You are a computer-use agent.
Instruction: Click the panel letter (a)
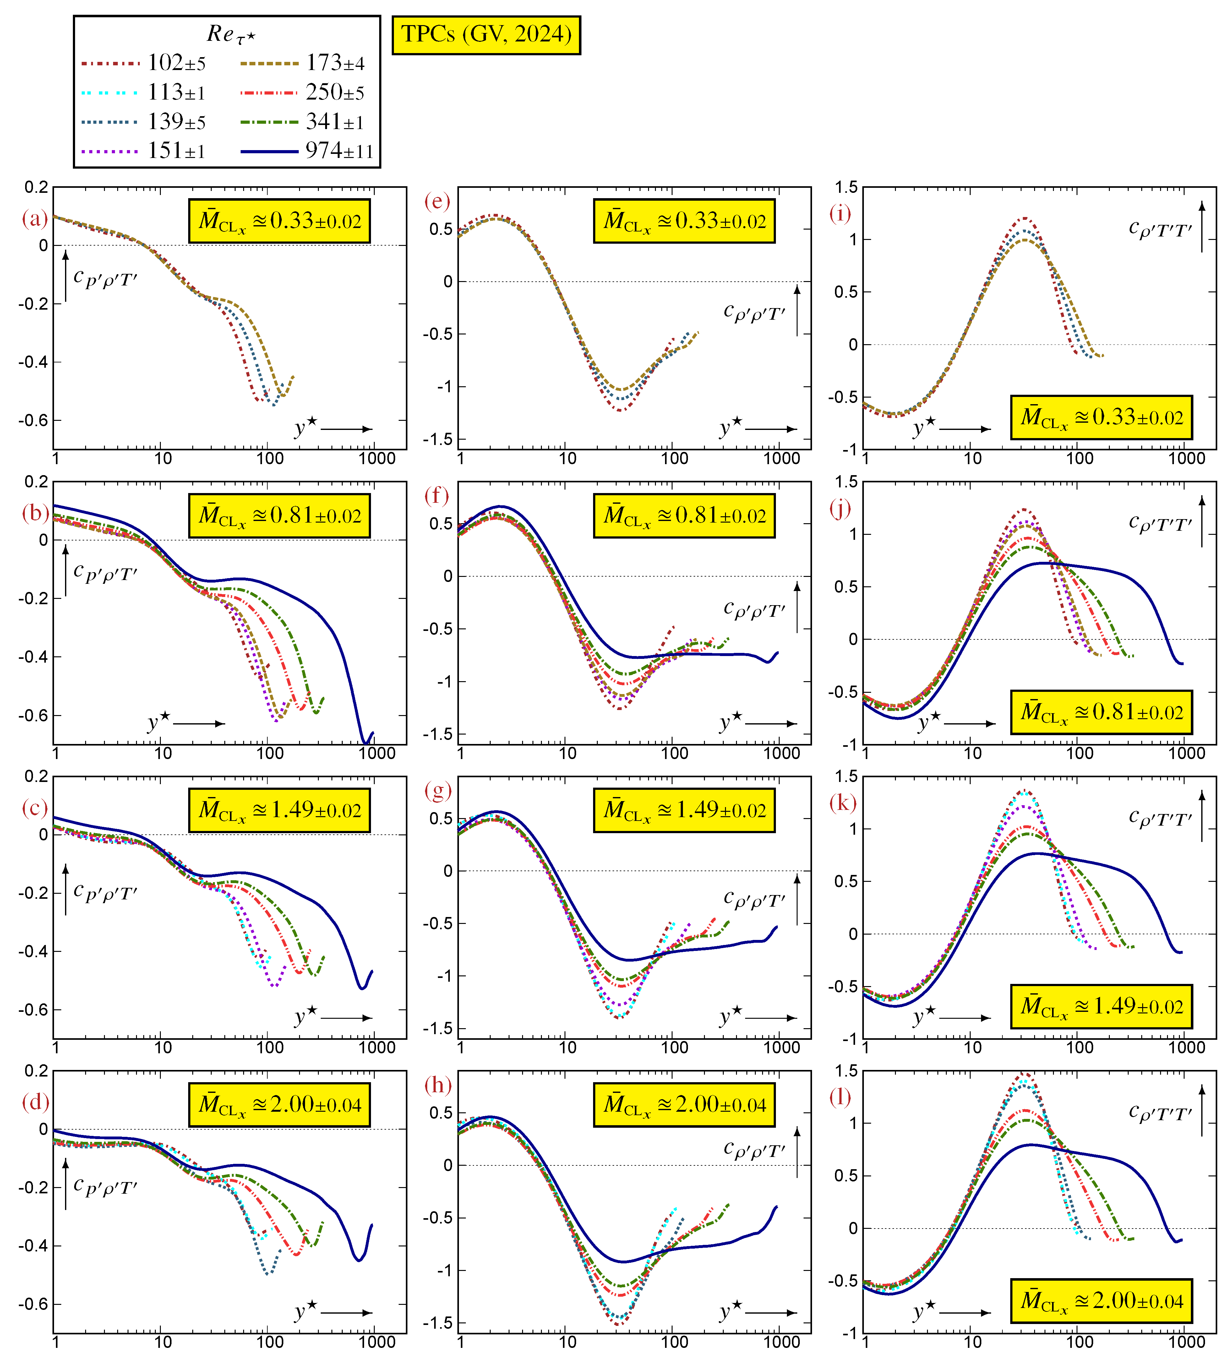(35, 218)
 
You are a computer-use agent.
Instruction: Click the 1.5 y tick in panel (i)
(849, 187)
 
